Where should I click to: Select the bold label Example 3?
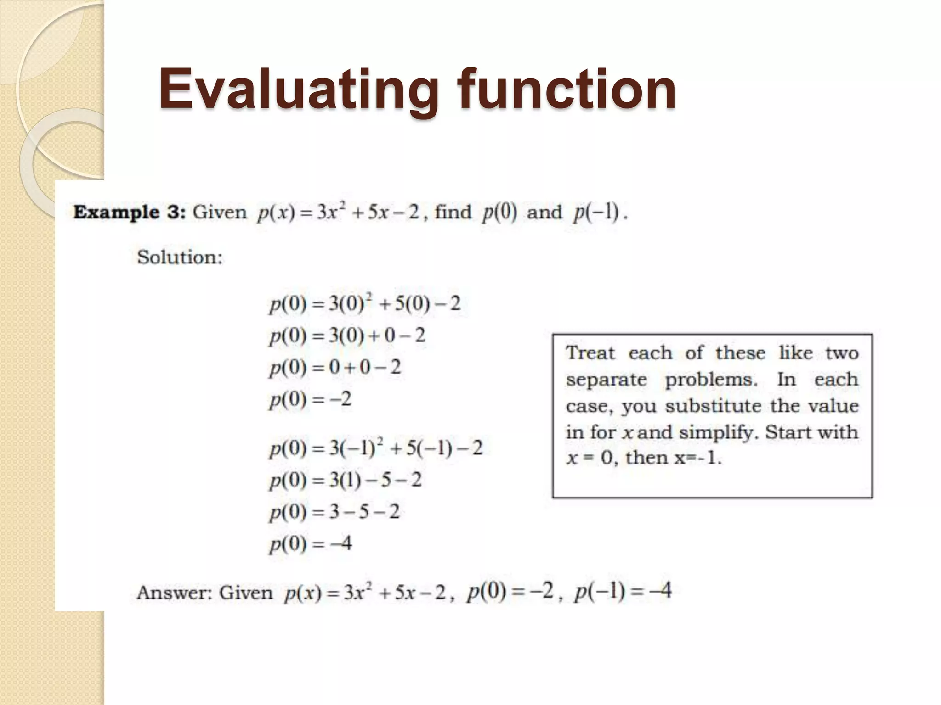point(129,213)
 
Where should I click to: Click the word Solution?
point(180,257)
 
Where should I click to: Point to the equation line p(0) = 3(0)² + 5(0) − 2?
point(365,304)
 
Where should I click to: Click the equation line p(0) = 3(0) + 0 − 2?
point(347,336)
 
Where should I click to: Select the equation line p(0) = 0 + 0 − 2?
point(335,368)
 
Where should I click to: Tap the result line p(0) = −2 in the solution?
point(311,399)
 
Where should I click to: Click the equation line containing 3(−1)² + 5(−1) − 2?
point(376,448)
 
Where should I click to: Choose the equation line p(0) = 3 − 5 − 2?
point(334,512)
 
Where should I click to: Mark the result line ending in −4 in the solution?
point(311,544)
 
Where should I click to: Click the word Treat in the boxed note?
point(590,353)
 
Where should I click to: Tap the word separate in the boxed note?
point(606,380)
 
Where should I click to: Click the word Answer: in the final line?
point(174,593)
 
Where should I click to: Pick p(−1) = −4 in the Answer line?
point(623,591)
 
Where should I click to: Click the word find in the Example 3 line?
point(453,212)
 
